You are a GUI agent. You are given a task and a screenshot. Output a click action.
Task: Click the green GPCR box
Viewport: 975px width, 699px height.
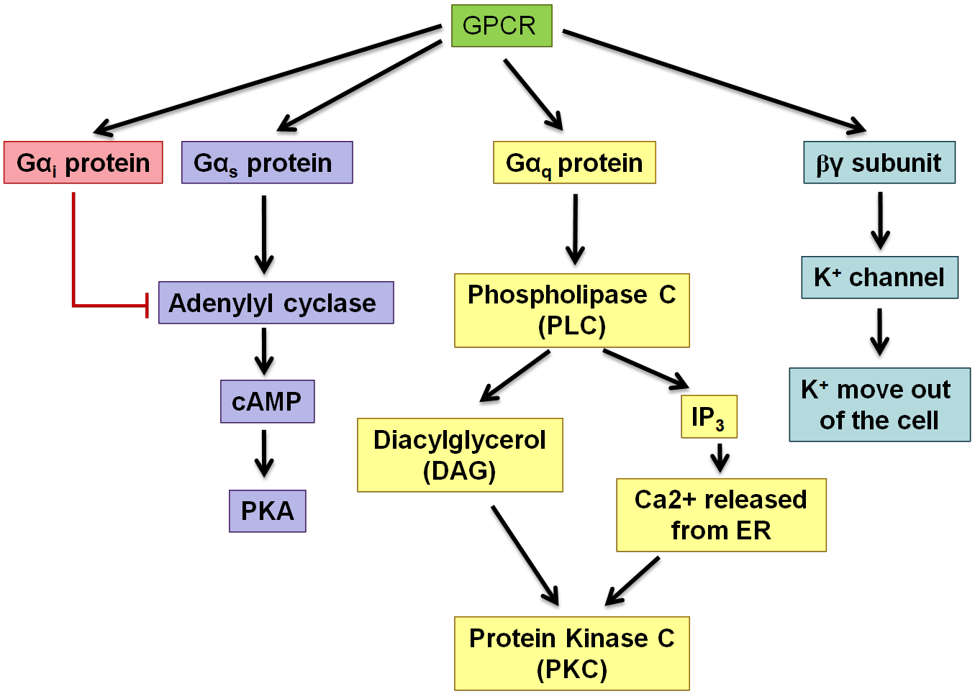pos(502,26)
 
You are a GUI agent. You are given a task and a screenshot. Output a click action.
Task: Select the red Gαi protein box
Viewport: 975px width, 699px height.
pos(83,163)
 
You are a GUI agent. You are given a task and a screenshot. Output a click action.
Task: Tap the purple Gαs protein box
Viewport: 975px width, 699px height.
pos(267,163)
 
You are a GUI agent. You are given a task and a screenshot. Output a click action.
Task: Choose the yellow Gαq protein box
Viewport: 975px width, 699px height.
pos(574,163)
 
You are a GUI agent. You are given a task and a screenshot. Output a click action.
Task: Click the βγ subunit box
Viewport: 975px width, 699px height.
pos(879,163)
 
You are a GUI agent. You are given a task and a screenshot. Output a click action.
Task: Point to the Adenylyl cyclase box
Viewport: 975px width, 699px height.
pos(276,303)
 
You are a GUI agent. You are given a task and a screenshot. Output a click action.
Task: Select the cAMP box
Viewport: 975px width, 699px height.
pos(267,401)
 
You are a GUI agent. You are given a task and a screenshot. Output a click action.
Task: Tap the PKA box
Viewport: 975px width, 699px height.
pos(267,511)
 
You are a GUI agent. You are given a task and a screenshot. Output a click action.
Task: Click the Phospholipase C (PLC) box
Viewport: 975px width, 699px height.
pos(572,311)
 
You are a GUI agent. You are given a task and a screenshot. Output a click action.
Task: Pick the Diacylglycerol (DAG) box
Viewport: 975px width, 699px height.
pos(460,455)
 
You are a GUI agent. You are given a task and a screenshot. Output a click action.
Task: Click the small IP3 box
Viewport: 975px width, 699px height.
pos(709,416)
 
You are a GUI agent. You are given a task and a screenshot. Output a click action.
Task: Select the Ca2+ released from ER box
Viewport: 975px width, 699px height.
pos(721,515)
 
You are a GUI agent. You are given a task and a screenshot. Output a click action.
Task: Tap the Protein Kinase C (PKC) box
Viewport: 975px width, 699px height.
pos(572,654)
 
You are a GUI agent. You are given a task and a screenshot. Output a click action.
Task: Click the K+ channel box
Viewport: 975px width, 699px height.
pos(879,278)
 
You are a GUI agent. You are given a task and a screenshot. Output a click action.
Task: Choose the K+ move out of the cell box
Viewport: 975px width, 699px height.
pos(879,405)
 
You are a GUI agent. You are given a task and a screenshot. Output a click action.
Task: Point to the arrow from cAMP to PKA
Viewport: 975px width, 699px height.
pos(264,453)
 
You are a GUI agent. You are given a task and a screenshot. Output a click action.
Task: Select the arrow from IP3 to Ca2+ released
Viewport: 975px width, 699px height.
pos(720,457)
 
